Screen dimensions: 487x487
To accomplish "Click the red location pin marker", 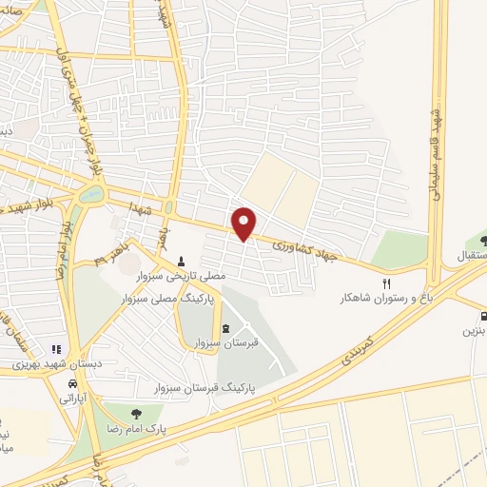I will pos(245,223).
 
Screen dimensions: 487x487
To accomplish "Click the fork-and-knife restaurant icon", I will pos(386,283).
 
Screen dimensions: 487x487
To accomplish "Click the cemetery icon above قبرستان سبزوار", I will pos(225,329).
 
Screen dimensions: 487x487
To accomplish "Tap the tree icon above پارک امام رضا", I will pos(136,414).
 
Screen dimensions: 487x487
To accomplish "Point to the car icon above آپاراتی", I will pos(73,383).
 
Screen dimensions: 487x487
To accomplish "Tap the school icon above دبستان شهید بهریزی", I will pos(55,349).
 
